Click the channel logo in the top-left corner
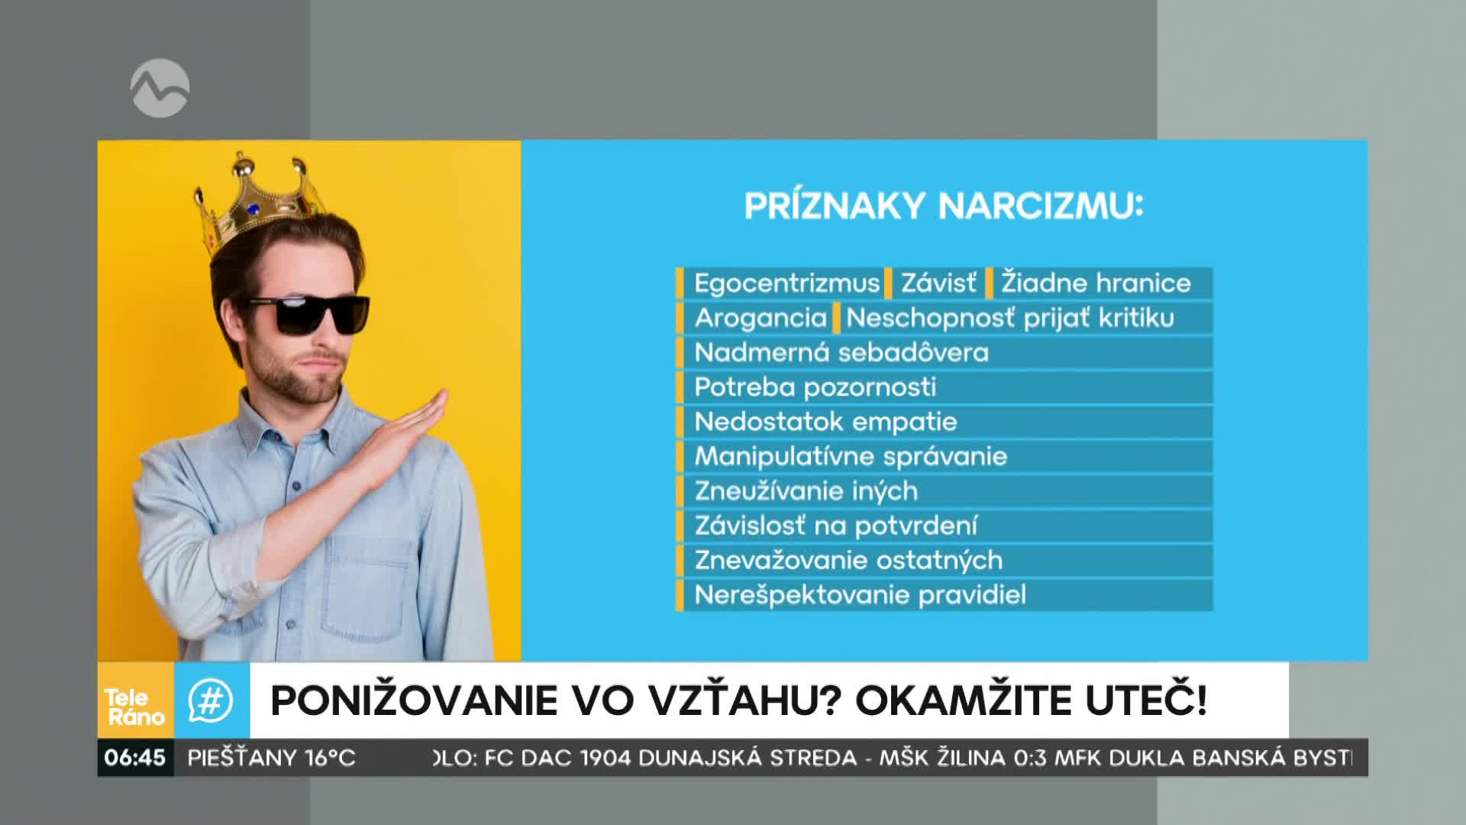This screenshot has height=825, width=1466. [x=160, y=89]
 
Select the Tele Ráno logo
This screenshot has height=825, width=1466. [x=135, y=707]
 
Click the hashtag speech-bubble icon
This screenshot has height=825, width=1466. [x=211, y=700]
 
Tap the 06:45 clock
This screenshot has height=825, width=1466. [x=135, y=758]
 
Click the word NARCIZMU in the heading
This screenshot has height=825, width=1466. [x=1041, y=206]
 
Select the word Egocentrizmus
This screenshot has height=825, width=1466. [x=786, y=283]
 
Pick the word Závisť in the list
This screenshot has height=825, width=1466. [x=938, y=283]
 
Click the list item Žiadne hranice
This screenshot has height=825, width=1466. [x=1096, y=283]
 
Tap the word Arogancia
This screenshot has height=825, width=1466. [x=760, y=319]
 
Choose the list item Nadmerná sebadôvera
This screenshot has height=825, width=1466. [x=841, y=353]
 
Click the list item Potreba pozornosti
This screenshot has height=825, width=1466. [x=815, y=387]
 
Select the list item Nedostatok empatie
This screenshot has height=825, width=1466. [x=825, y=422]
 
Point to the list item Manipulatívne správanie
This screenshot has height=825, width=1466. [x=851, y=457]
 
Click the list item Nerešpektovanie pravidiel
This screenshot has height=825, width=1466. [x=860, y=595]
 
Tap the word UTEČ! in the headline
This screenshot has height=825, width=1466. [x=1146, y=700]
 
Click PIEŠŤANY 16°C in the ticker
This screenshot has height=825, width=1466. [x=272, y=758]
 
